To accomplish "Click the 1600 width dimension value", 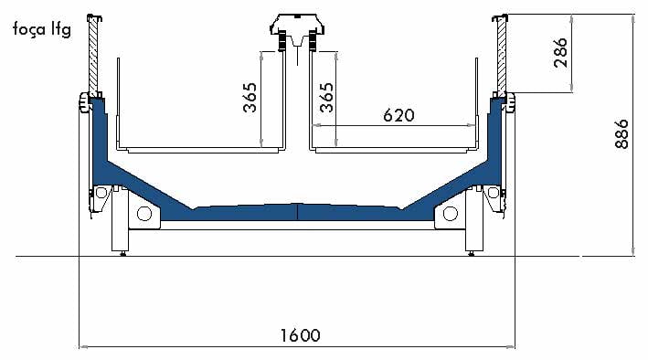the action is click(x=301, y=335).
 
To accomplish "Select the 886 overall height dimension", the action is click(x=621, y=134).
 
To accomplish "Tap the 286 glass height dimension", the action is click(x=560, y=52).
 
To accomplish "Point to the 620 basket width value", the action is click(x=398, y=115).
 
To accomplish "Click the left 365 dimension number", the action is click(x=250, y=98).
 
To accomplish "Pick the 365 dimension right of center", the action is click(x=326, y=98).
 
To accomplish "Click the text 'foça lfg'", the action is click(x=42, y=30).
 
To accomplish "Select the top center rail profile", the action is click(x=297, y=32).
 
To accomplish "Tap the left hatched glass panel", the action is click(x=93, y=57).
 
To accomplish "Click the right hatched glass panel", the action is click(x=501, y=57).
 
